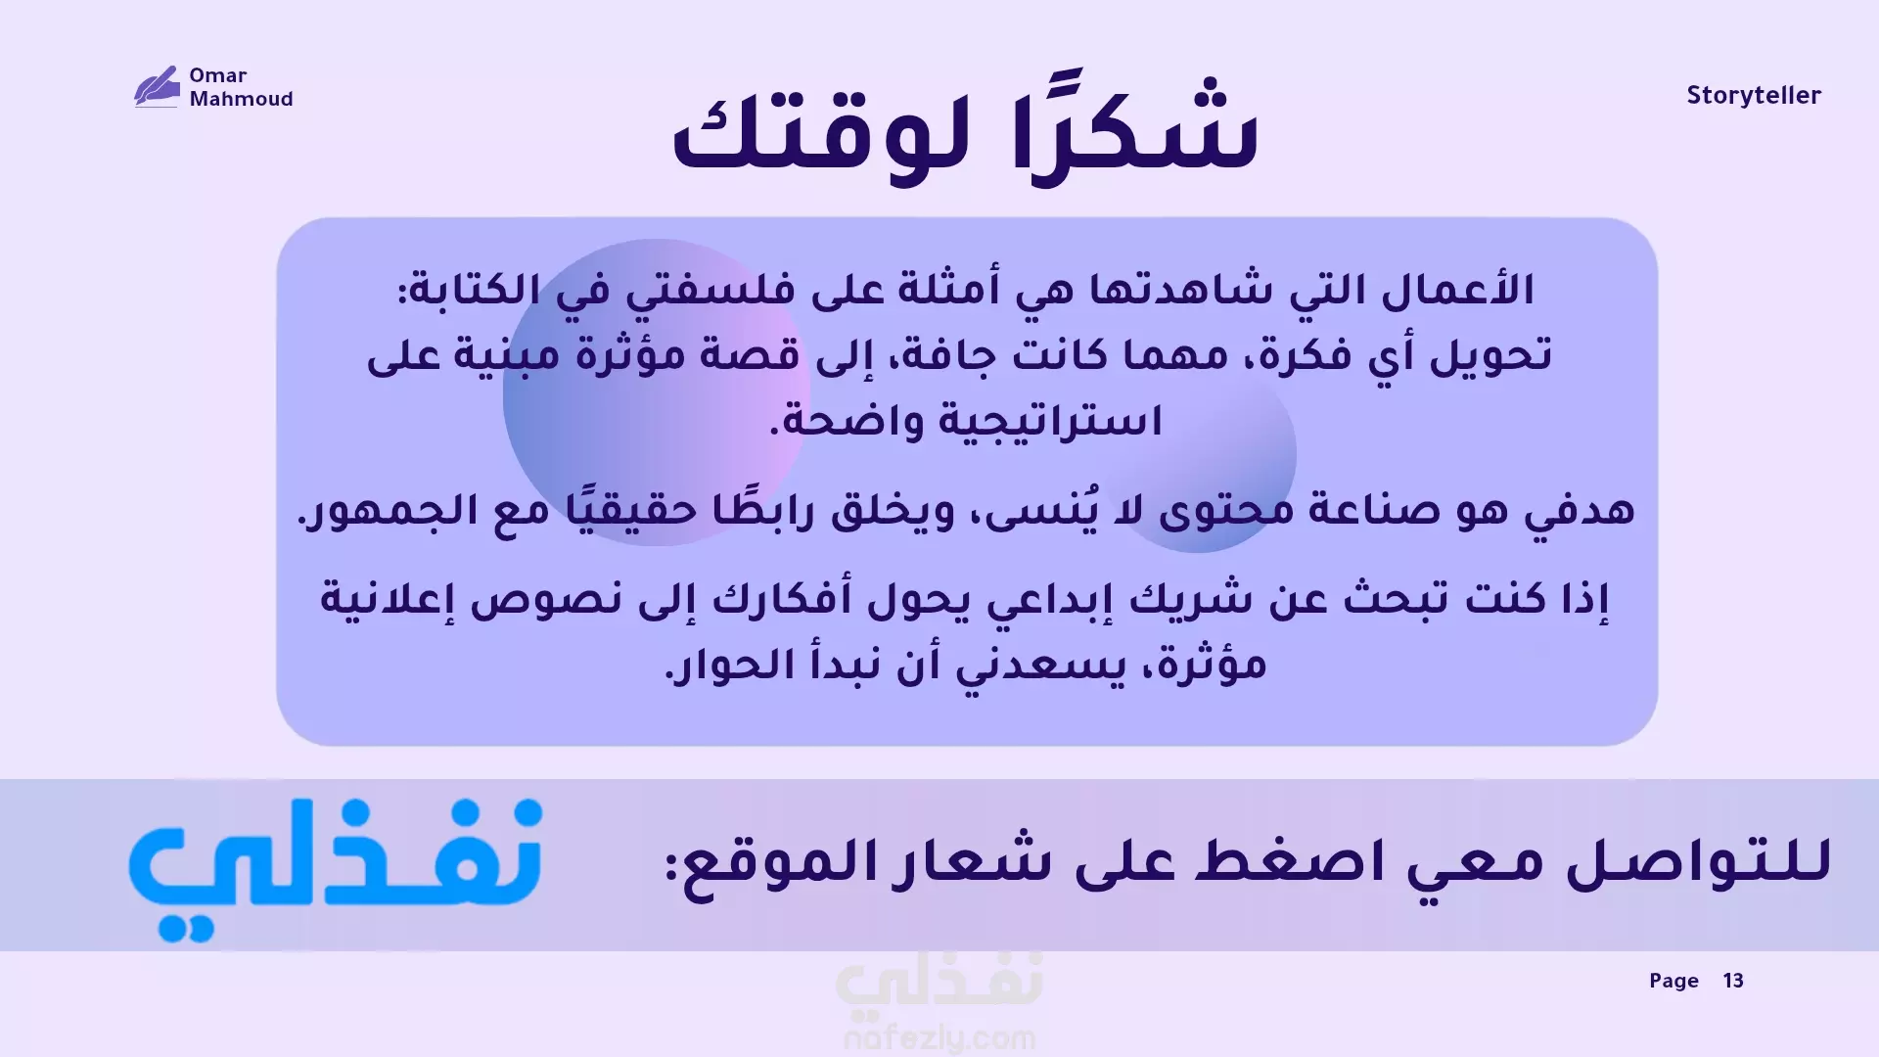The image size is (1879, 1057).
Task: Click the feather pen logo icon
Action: click(157, 86)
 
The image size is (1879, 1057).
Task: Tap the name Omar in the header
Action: click(218, 75)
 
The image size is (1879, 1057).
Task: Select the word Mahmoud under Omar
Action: click(242, 99)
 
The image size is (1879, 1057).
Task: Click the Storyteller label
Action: click(1754, 96)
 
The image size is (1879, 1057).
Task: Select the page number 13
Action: click(1733, 981)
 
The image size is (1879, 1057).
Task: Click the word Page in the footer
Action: click(1673, 981)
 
